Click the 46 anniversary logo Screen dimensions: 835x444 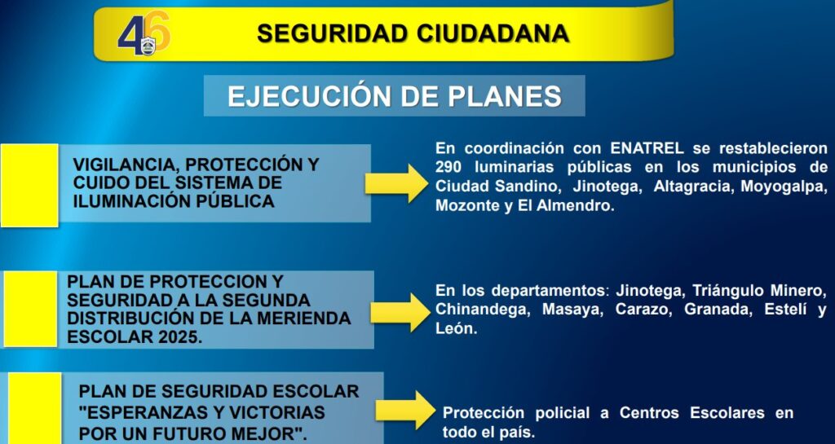[x=144, y=33]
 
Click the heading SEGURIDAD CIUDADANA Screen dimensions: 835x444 [x=413, y=33]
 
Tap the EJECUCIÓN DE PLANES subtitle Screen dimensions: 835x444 [x=395, y=96]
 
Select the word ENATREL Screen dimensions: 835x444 [x=647, y=147]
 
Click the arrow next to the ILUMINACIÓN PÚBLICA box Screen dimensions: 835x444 [x=396, y=183]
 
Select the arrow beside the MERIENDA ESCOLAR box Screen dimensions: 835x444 [x=400, y=312]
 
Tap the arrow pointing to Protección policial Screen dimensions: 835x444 [x=405, y=410]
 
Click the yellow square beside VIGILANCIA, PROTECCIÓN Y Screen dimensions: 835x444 [x=29, y=186]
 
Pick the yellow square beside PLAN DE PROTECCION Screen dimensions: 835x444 [x=30, y=309]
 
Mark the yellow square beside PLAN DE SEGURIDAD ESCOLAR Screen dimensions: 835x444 [x=34, y=408]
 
